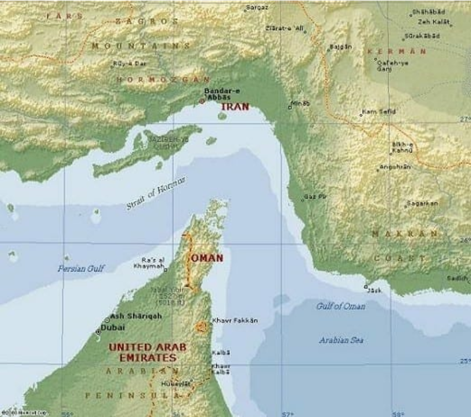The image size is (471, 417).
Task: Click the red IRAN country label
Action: click(x=235, y=107)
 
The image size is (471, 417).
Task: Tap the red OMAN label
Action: click(x=207, y=258)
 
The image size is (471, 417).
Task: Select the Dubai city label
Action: click(x=113, y=327)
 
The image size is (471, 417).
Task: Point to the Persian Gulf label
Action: click(x=81, y=268)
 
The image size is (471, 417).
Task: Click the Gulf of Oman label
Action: click(x=340, y=306)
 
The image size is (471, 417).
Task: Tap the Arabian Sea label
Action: click(x=341, y=340)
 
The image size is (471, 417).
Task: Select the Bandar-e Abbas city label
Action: click(x=222, y=94)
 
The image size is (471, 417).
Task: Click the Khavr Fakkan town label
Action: click(x=235, y=320)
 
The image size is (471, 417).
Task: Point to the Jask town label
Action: click(x=375, y=290)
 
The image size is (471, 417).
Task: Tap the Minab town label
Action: click(x=301, y=103)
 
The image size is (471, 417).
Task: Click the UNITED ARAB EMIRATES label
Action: click(x=143, y=352)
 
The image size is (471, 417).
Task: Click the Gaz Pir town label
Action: click(x=316, y=196)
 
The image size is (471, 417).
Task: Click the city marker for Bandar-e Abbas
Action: click(x=202, y=101)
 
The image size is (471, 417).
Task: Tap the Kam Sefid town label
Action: click(x=380, y=112)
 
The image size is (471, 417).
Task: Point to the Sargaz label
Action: click(x=257, y=8)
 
